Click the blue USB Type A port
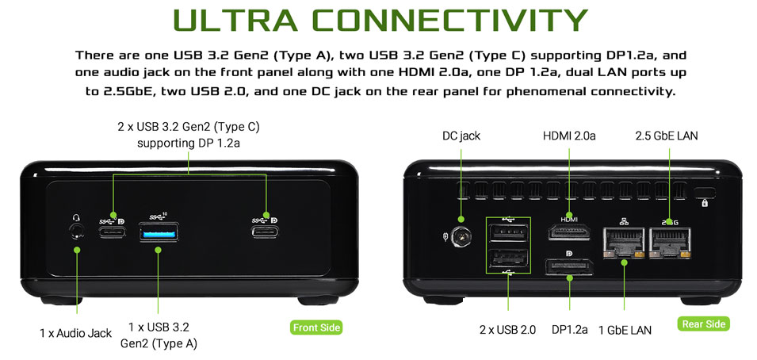pos(159,232)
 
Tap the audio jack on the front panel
pos(76,232)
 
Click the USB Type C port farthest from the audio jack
pos(265,232)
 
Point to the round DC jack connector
pos(461,237)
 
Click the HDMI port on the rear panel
pos(570,232)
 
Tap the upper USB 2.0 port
pos(508,233)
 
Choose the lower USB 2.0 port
pos(508,259)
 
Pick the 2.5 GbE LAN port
pos(670,243)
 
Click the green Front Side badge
pos(317,327)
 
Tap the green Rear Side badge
pos(703,324)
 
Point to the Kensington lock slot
pos(705,193)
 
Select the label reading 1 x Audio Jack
pos(76,333)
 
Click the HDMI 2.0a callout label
pos(569,136)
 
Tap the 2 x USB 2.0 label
pos(507,330)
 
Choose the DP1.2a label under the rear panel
pos(570,330)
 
